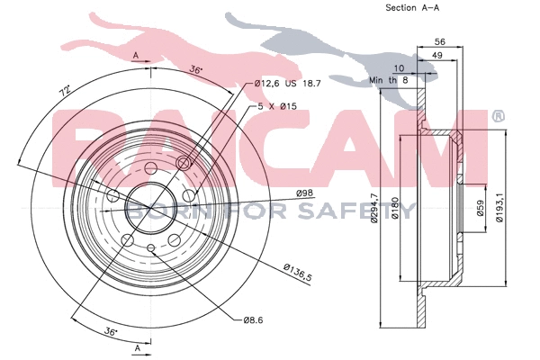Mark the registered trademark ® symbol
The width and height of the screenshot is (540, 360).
(x=499, y=117)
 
